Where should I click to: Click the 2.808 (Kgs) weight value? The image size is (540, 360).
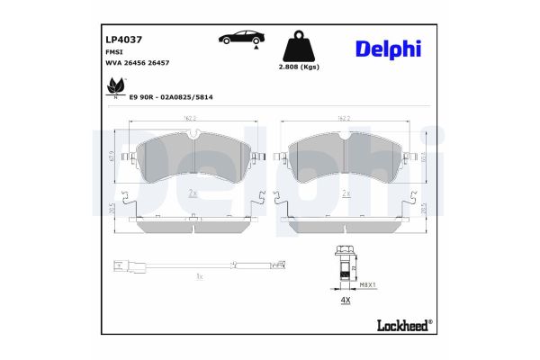point(299,67)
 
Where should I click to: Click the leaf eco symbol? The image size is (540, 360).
point(116,87)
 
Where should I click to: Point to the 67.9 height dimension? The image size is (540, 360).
point(112,157)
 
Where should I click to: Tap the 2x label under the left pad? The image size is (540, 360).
point(193,193)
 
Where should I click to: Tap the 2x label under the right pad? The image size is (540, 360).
point(346,193)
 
